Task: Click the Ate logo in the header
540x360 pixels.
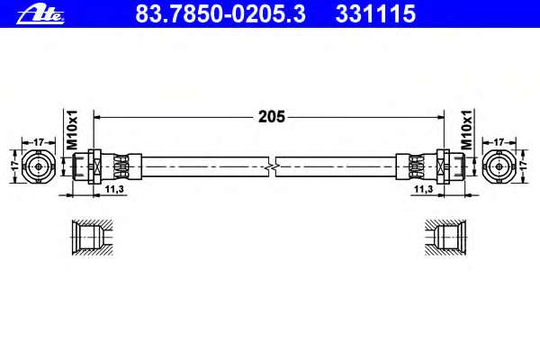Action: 40,14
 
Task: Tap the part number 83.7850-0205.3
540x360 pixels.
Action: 220,13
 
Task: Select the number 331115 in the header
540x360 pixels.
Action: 375,13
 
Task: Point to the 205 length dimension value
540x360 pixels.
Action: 272,117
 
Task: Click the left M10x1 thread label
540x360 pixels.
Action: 72,130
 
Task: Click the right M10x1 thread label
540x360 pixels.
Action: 466,130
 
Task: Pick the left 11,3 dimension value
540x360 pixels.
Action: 114,189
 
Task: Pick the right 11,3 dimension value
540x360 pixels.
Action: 423,189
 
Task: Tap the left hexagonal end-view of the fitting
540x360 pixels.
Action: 39,166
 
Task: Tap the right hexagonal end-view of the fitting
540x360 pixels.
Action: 499,166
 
